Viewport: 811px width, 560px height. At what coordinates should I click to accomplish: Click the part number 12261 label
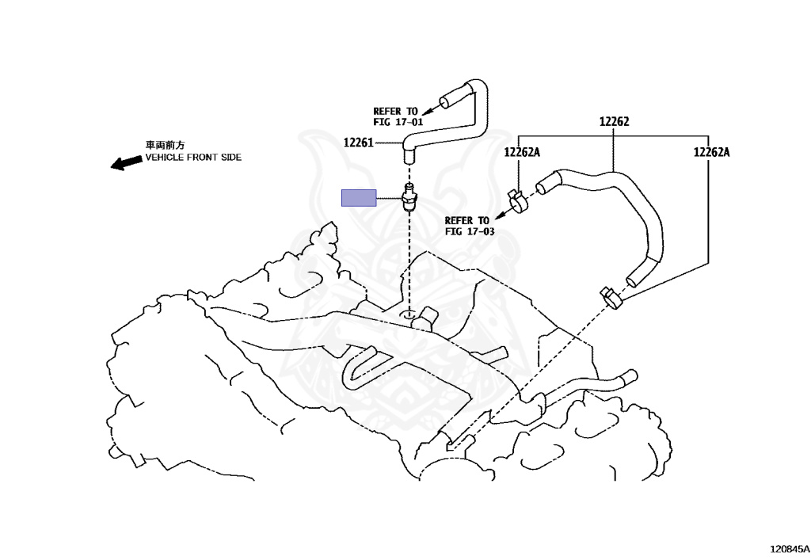[358, 143]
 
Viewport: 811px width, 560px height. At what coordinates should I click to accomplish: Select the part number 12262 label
[614, 122]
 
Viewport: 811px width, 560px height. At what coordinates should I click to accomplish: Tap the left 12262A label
[522, 152]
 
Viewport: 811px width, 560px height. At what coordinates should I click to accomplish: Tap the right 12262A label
[711, 152]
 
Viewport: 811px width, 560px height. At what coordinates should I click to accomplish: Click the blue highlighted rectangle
[359, 198]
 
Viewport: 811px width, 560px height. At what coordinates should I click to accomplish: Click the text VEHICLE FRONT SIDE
[192, 158]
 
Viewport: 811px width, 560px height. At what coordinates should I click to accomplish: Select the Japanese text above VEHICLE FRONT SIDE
[164, 146]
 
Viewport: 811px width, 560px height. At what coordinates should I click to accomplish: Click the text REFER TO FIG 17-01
[398, 116]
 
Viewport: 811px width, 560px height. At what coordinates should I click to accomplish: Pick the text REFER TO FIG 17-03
[469, 226]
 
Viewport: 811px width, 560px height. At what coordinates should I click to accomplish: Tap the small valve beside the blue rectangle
[409, 198]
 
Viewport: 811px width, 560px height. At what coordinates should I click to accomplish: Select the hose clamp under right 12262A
[612, 298]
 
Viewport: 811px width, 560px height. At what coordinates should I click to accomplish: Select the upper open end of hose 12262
[543, 187]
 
